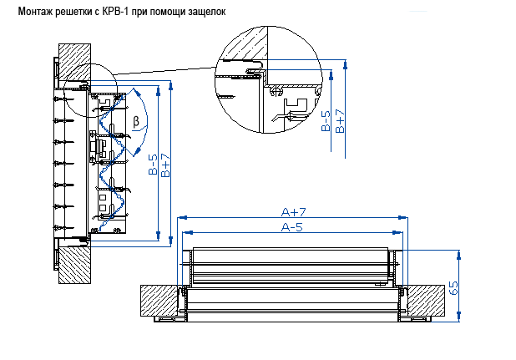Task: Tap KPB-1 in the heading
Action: tap(116, 11)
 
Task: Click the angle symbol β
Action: tap(136, 123)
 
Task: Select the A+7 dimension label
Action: tap(295, 212)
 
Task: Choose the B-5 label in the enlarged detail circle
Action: tap(326, 121)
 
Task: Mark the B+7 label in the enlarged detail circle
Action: tap(339, 121)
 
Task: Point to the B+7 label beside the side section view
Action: tap(166, 165)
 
